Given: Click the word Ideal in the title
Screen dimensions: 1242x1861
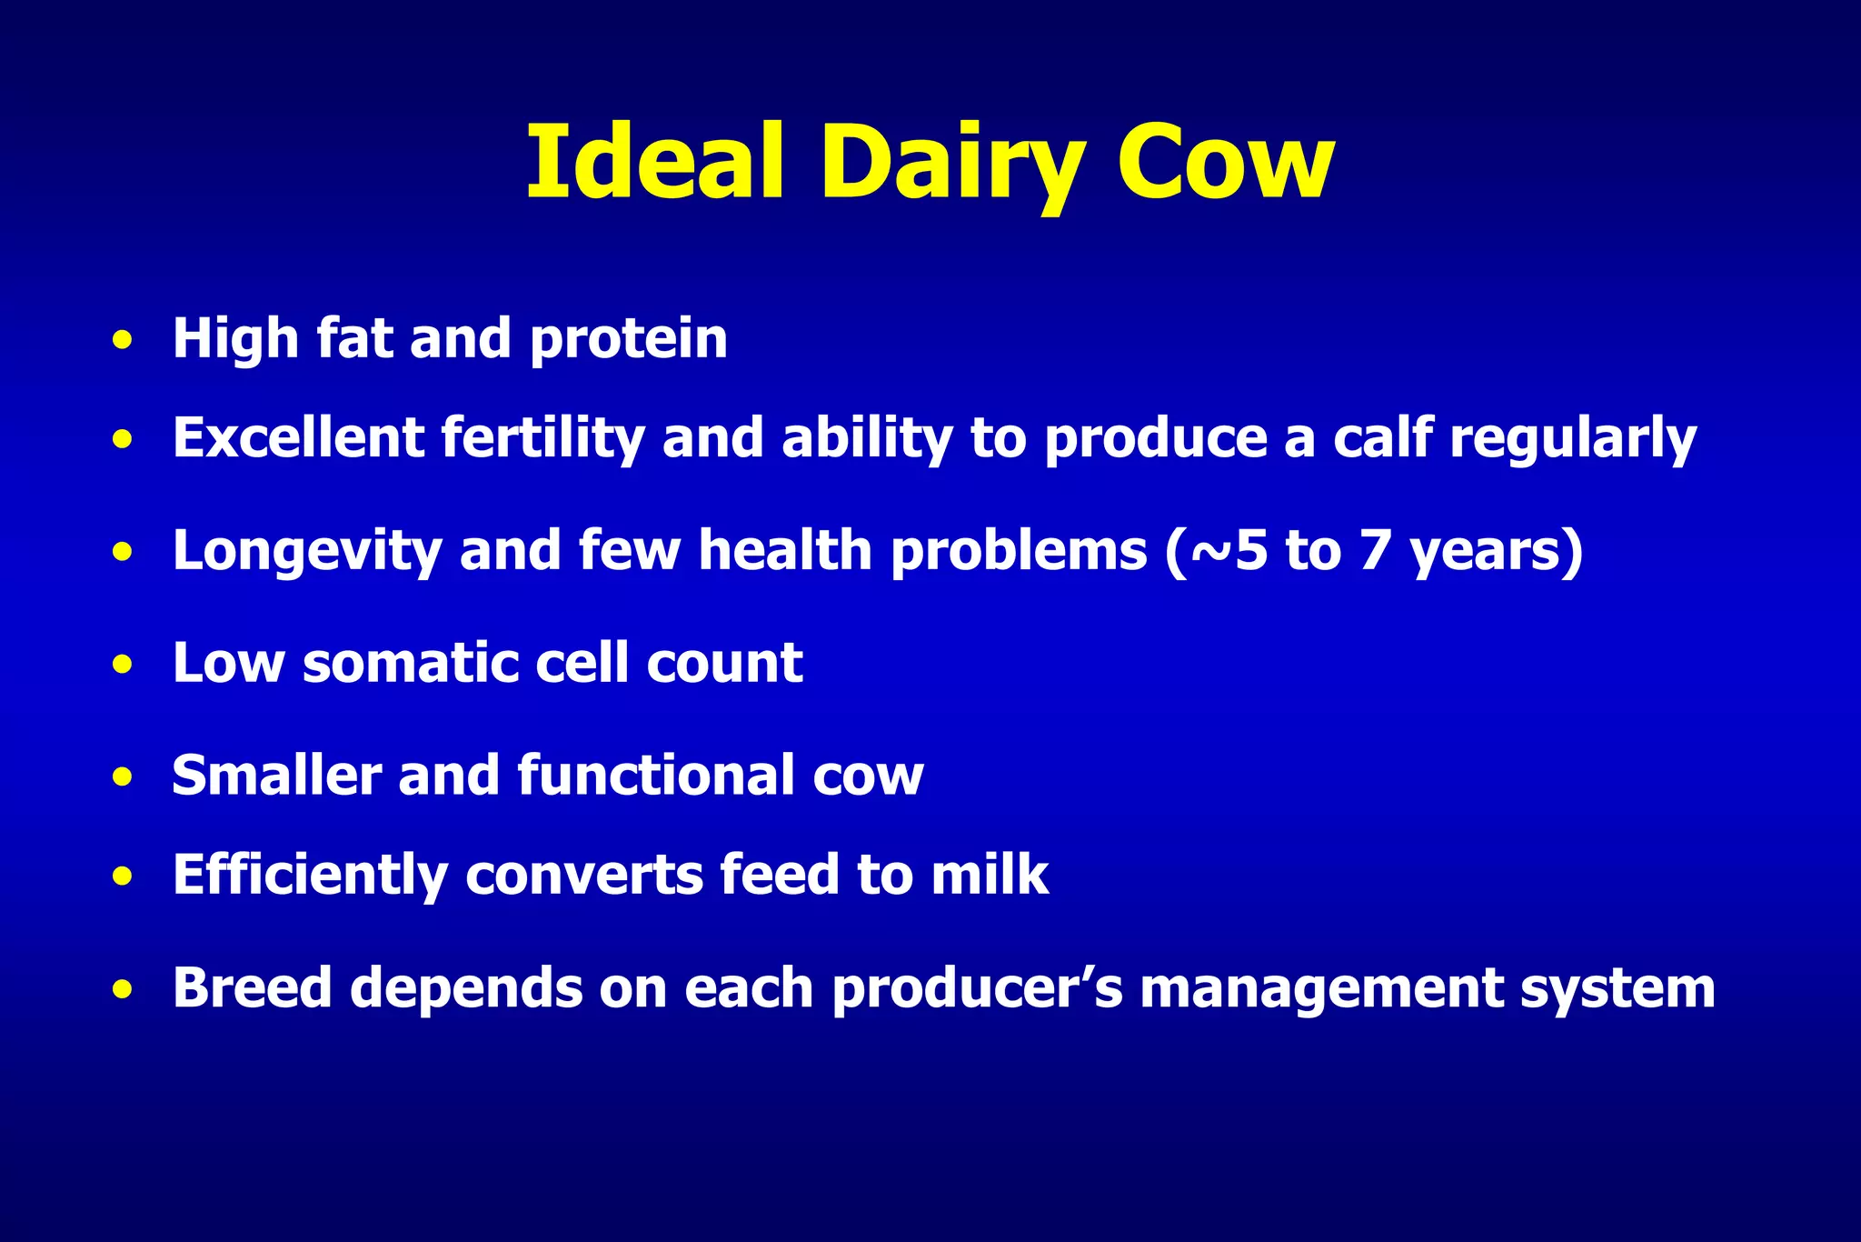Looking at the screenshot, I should [x=654, y=164].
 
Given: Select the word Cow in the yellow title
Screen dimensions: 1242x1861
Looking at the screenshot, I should [x=1225, y=164].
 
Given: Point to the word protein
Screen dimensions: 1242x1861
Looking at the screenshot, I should [x=628, y=340].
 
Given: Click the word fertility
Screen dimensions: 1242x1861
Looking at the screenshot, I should [x=542, y=438].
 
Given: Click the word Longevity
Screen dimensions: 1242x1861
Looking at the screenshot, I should [x=306, y=552].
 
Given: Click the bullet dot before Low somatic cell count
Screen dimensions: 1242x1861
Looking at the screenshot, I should [x=124, y=665].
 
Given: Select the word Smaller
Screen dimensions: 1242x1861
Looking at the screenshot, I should [x=275, y=776].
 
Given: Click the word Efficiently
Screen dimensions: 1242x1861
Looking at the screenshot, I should [x=310, y=876].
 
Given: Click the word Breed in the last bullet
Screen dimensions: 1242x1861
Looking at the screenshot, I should [x=253, y=987].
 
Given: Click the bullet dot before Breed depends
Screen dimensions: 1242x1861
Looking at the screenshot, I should [x=124, y=990].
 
